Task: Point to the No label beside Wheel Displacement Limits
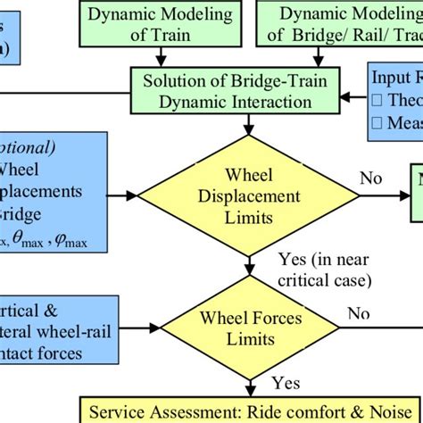tap(369, 178)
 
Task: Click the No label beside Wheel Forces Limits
tap(358, 313)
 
